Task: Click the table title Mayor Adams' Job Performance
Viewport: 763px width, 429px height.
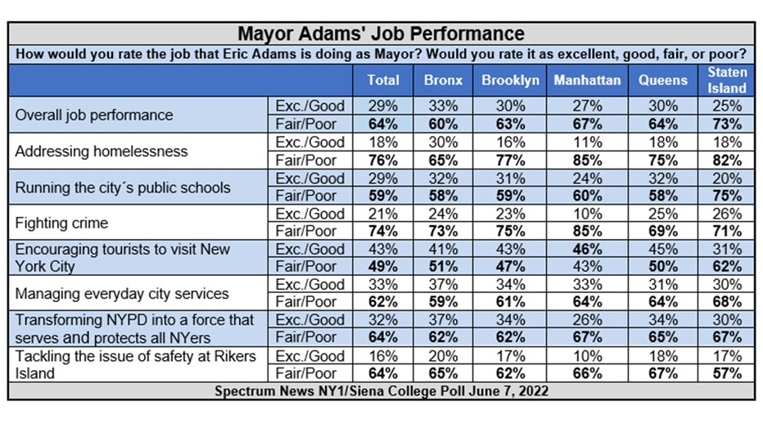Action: pos(381,34)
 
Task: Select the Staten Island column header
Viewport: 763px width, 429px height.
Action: pos(726,79)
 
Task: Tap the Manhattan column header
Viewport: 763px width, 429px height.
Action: pos(587,79)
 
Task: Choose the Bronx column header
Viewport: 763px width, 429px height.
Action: pos(443,79)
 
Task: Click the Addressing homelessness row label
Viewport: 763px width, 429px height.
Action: pos(102,151)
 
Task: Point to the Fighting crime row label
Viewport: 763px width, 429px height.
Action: pos(61,223)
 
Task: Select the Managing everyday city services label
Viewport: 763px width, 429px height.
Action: pos(122,293)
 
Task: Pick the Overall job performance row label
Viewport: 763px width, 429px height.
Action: pos(94,115)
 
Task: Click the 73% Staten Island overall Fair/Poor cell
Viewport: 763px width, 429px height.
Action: pos(727,124)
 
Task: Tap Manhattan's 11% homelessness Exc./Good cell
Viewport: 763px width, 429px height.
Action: pos(587,142)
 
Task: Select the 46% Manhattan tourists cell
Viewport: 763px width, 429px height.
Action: pos(587,249)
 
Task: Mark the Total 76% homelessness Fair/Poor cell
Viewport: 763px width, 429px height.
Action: pos(383,160)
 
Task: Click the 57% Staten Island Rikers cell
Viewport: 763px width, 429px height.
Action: pos(727,373)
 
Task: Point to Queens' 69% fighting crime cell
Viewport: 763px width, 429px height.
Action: pos(663,231)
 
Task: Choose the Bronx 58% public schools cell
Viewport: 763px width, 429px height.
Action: pos(443,196)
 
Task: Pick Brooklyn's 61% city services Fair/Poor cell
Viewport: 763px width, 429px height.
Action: pos(511,301)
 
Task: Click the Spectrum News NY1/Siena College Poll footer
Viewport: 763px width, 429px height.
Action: pos(381,391)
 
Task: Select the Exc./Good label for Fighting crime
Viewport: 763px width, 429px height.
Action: pos(310,214)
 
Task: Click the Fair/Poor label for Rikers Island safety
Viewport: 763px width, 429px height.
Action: pos(305,373)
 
